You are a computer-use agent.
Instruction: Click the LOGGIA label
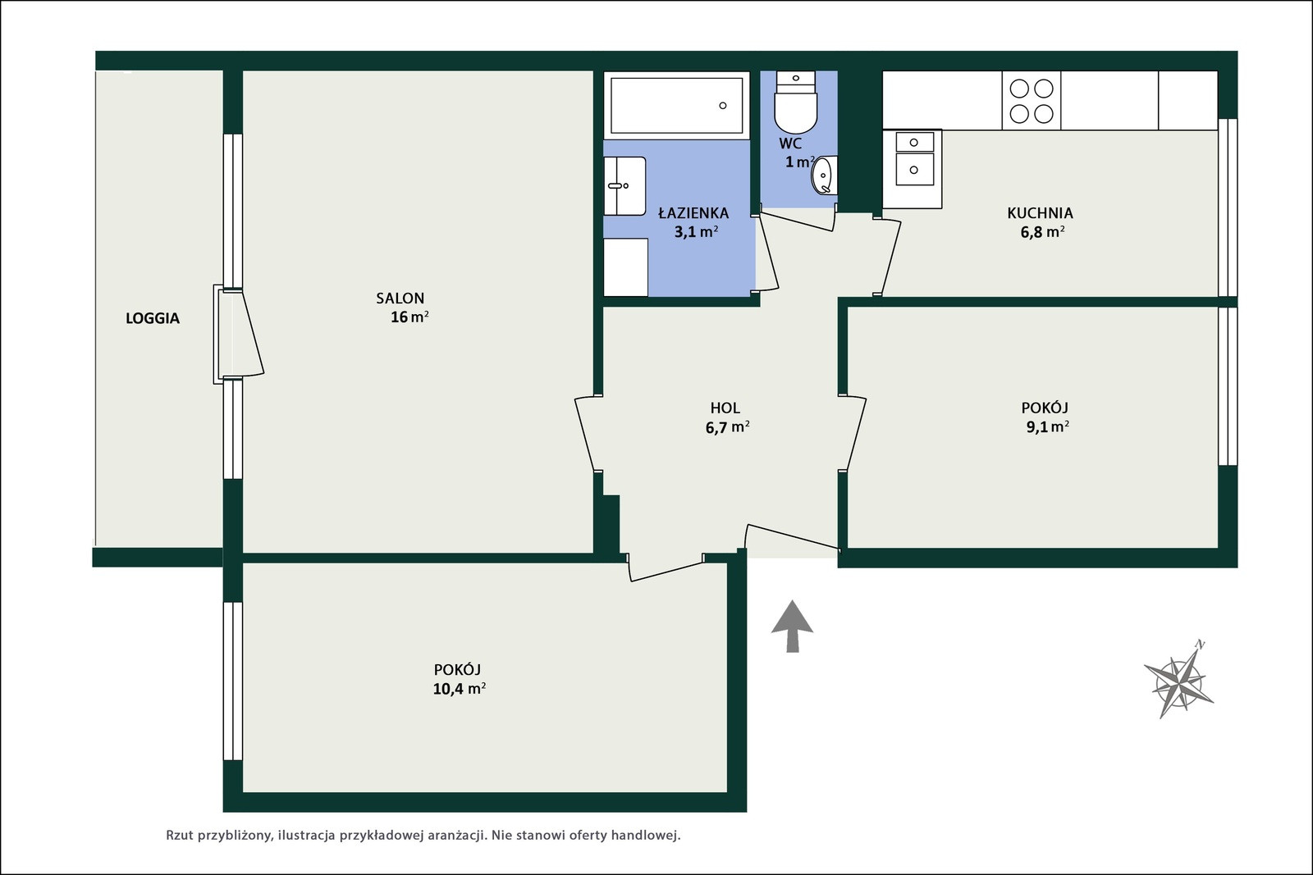click(x=153, y=318)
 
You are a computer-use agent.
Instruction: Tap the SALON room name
click(x=400, y=299)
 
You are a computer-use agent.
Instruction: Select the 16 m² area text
click(x=409, y=317)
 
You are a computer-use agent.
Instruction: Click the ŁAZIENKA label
click(x=693, y=212)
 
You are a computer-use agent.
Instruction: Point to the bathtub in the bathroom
click(x=676, y=106)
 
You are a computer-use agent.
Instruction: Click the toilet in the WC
click(x=795, y=103)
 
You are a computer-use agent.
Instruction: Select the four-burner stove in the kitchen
click(x=1031, y=100)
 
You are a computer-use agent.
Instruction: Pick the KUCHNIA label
click(x=1040, y=212)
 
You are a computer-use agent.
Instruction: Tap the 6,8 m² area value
click(x=1042, y=232)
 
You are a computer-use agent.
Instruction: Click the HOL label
click(x=725, y=408)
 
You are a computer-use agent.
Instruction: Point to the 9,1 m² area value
click(x=1047, y=426)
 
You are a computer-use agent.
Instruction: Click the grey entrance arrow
click(x=792, y=626)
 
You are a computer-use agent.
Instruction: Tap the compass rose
click(x=1179, y=681)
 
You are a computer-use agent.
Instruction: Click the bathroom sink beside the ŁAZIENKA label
click(x=624, y=185)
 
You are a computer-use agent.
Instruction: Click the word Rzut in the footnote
click(x=180, y=835)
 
